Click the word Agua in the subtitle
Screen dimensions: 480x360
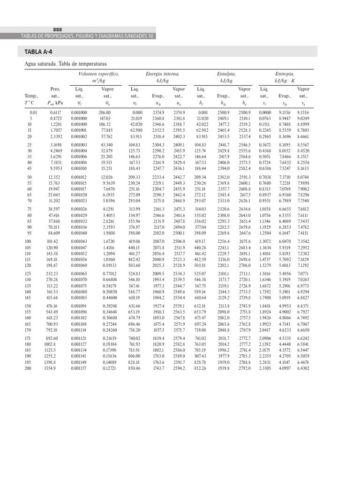click(x=30, y=63)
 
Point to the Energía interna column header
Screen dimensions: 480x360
click(x=163, y=74)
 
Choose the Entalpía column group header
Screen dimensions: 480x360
click(x=226, y=74)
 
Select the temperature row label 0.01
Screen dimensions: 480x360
click(x=32, y=113)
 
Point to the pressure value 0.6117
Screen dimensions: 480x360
click(x=55, y=113)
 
